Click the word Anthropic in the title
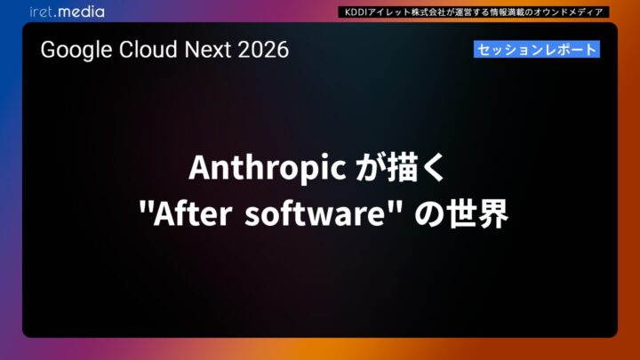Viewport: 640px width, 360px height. click(268, 168)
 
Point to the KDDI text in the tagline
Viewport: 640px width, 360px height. click(358, 12)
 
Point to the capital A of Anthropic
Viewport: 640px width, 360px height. click(196, 168)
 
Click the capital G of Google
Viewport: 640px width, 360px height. click(48, 50)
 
